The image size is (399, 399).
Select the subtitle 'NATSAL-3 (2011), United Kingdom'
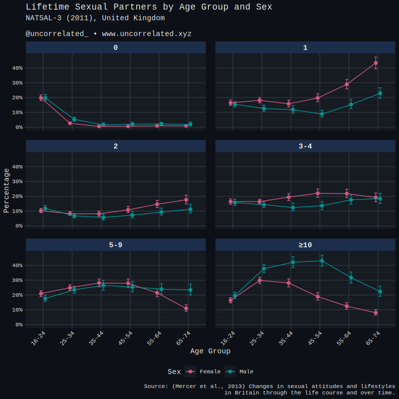pyautogui.click(x=95, y=18)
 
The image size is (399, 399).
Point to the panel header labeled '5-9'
pyautogui.click(x=116, y=245)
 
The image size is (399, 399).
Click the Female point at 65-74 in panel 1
pyautogui.click(x=376, y=63)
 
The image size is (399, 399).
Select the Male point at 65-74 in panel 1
pyautogui.click(x=380, y=93)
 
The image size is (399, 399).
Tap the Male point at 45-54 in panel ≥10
pyautogui.click(x=322, y=260)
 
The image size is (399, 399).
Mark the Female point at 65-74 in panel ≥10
pyautogui.click(x=376, y=313)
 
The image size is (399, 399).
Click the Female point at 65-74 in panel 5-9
pyautogui.click(x=186, y=308)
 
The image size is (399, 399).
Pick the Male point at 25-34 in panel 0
pyautogui.click(x=74, y=119)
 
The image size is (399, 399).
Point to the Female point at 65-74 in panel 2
pyautogui.click(x=186, y=199)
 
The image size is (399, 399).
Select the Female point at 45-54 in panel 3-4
pyautogui.click(x=317, y=193)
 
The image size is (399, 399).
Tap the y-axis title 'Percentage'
pyautogui.click(x=6, y=191)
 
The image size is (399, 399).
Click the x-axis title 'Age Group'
pyautogui.click(x=210, y=351)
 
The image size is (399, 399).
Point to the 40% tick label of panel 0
pyautogui.click(x=17, y=68)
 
